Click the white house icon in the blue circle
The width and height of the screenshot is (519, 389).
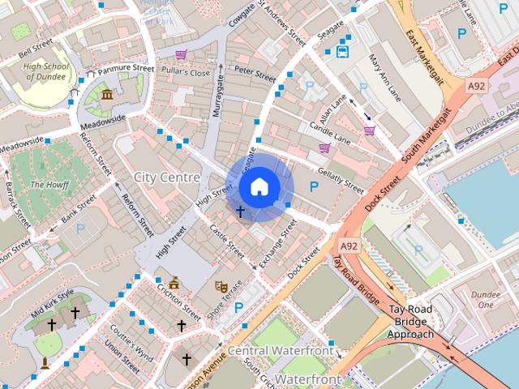pyautogui.click(x=259, y=186)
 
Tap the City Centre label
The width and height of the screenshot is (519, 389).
pyautogui.click(x=167, y=177)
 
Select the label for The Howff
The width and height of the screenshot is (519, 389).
pyautogui.click(x=47, y=185)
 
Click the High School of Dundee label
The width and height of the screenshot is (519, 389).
pyautogui.click(x=44, y=71)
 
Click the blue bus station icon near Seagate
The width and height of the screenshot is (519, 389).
pyautogui.click(x=343, y=53)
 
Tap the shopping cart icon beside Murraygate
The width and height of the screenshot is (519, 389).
pyautogui.click(x=181, y=55)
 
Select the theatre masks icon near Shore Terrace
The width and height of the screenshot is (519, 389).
pyautogui.click(x=220, y=286)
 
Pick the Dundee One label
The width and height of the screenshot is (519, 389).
pyautogui.click(x=486, y=300)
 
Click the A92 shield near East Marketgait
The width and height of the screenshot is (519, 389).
pyautogui.click(x=477, y=84)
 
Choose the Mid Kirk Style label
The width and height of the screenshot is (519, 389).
pyautogui.click(x=53, y=303)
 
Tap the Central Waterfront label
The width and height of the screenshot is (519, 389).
pyautogui.click(x=280, y=351)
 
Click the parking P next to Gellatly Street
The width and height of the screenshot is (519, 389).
pyautogui.click(x=314, y=186)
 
